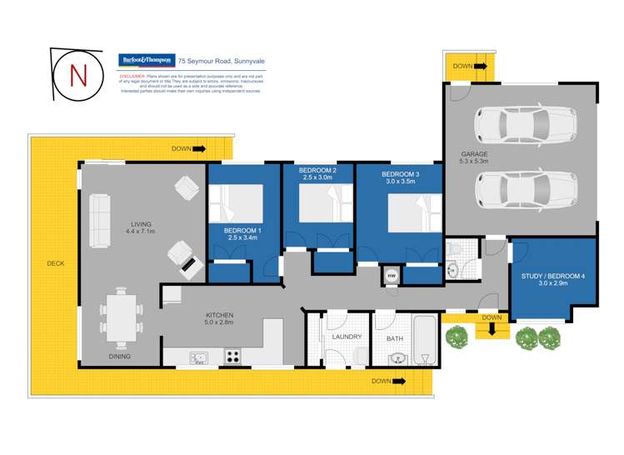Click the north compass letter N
point(79,74)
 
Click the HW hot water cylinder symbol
point(392,274)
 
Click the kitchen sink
point(198,358)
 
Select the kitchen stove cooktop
point(232,357)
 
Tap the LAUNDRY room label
point(345,338)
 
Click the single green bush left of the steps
point(457,337)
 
